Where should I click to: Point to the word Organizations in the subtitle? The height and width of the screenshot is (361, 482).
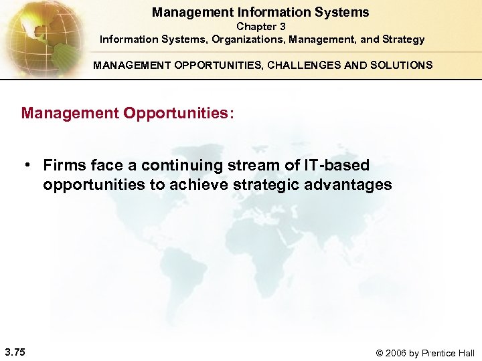click(248, 39)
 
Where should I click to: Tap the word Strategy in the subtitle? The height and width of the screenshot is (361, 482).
click(402, 39)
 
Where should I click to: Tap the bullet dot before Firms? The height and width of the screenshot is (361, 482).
click(29, 165)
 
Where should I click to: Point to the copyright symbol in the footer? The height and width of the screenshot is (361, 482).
click(382, 353)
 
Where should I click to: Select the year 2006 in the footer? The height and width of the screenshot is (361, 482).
click(399, 353)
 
